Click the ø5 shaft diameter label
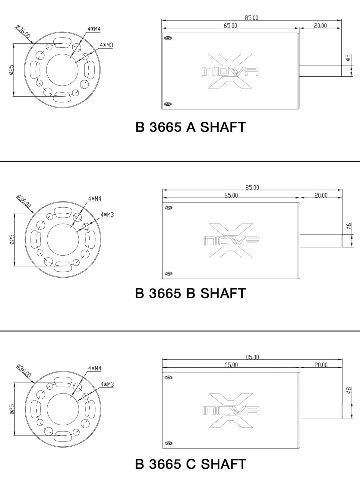point(348,57)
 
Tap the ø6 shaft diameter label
point(349,226)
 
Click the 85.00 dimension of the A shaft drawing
point(251,18)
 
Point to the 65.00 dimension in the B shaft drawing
point(231,195)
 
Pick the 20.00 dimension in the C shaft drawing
point(321,365)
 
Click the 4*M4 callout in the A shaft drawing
point(94,29)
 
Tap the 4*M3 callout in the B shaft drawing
point(107,215)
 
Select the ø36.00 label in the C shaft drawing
point(24,371)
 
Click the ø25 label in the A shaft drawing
point(11,69)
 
